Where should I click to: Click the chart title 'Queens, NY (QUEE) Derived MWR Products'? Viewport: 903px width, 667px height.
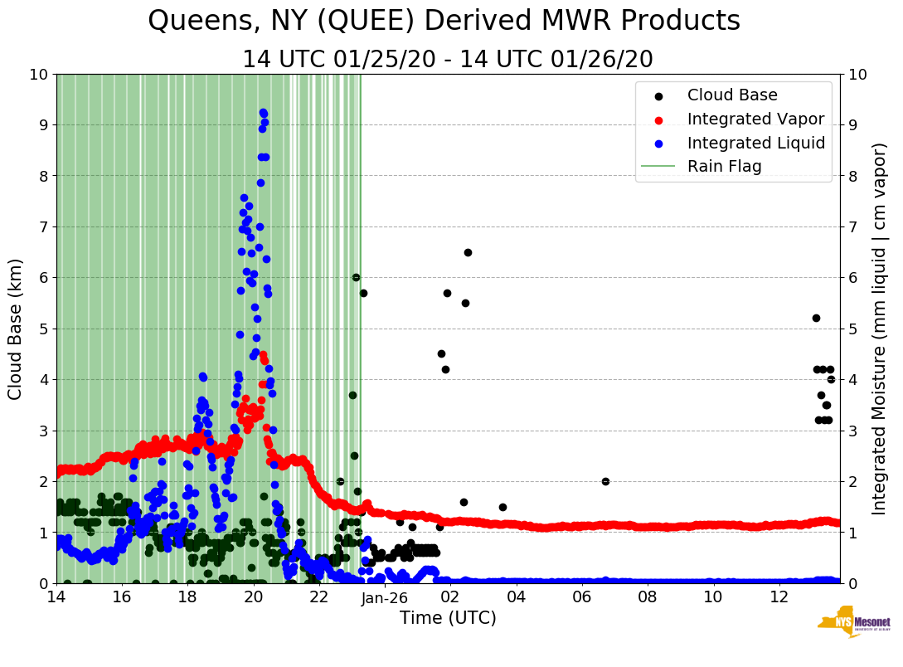(x=444, y=22)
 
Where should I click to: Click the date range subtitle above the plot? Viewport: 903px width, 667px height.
(x=447, y=60)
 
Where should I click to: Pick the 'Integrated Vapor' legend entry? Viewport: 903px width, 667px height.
(x=755, y=119)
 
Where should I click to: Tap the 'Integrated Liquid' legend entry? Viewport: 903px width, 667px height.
(x=755, y=143)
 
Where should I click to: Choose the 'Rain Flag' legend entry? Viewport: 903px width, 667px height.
(x=724, y=166)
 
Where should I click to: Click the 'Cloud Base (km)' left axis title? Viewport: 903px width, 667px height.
(x=16, y=329)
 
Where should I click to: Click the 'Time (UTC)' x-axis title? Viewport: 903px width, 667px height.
(x=448, y=618)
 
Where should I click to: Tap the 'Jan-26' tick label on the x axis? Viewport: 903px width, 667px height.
(x=386, y=597)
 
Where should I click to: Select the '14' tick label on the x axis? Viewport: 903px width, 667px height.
(x=56, y=597)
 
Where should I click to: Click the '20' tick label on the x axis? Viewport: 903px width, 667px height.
(x=254, y=597)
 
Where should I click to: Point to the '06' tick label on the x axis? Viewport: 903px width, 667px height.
(x=581, y=597)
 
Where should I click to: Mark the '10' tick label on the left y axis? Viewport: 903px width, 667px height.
(x=37, y=74)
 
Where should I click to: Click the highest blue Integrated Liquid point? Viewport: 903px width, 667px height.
(x=263, y=112)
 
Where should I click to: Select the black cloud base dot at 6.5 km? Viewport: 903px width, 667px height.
(x=468, y=252)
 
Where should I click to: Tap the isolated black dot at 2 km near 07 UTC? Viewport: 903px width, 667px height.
(x=605, y=481)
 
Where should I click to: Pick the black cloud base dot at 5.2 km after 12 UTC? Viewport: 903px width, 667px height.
(x=816, y=318)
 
